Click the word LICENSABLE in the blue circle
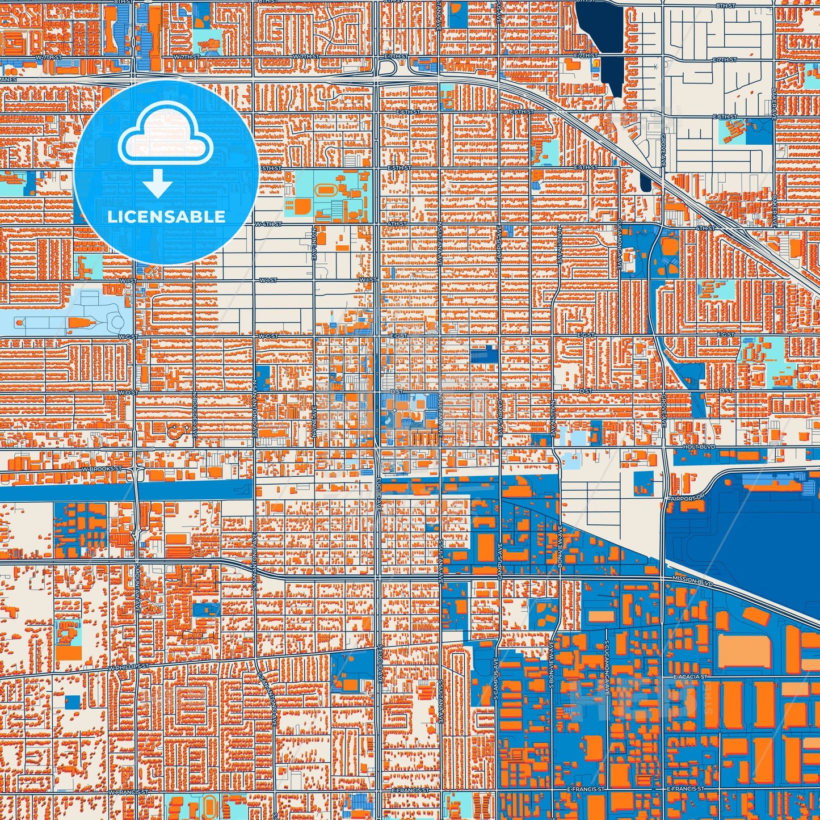click(166, 217)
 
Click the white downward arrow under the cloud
click(158, 185)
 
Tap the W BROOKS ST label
click(102, 469)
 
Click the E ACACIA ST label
click(690, 677)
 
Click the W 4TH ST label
click(268, 224)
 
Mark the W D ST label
click(128, 392)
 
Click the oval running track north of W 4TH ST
click(327, 188)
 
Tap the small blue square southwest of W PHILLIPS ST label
click(72, 701)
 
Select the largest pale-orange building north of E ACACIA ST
click(745, 651)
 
